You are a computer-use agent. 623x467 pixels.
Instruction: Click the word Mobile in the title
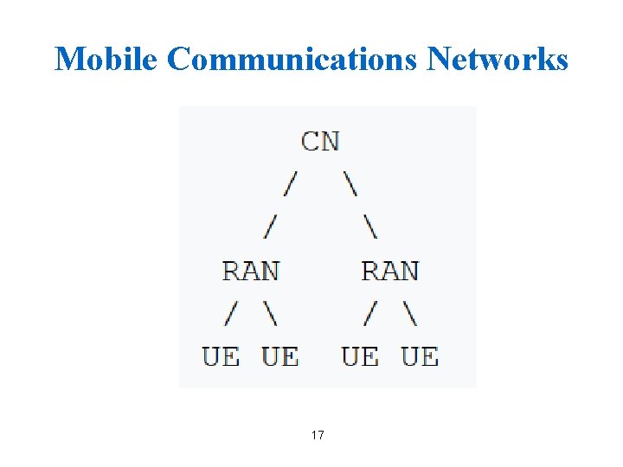(x=107, y=59)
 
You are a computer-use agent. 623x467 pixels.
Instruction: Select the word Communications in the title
(x=293, y=59)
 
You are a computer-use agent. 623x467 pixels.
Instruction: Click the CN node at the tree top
(x=320, y=141)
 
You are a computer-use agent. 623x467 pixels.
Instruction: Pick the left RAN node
(x=251, y=271)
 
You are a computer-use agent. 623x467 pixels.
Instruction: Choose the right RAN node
(x=389, y=271)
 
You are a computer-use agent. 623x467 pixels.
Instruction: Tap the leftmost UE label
(x=222, y=355)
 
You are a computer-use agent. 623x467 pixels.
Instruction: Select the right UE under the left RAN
(x=279, y=355)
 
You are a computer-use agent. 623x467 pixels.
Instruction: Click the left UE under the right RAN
(x=360, y=355)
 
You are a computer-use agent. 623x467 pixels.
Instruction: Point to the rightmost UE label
(x=420, y=355)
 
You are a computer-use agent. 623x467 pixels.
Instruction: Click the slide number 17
(x=318, y=435)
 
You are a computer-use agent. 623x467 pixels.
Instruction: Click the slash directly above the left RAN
(x=271, y=227)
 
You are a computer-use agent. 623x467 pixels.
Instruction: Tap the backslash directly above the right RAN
(x=370, y=227)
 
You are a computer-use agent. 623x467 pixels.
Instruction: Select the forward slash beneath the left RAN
(x=231, y=313)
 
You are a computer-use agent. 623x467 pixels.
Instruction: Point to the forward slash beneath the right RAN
(x=370, y=313)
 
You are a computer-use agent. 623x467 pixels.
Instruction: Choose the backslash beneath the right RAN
(x=409, y=313)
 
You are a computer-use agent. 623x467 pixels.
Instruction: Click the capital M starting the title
(x=69, y=59)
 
